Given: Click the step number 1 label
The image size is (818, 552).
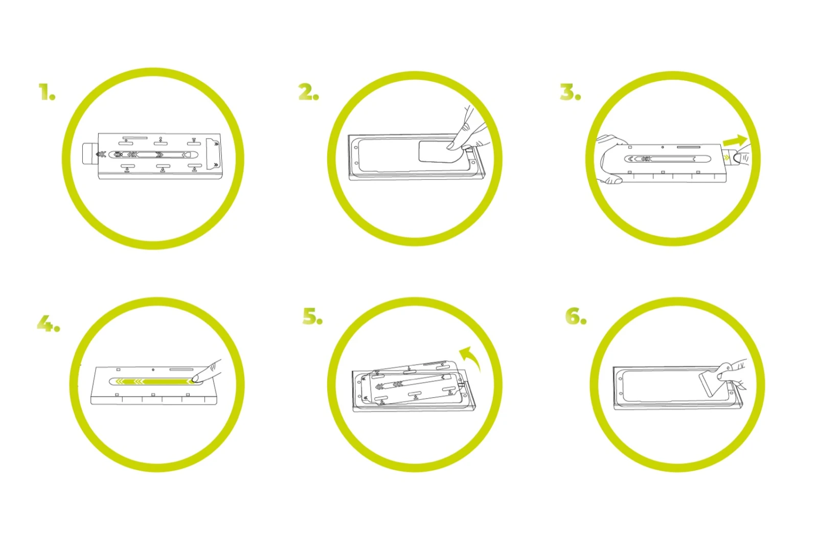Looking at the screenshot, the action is [47, 91].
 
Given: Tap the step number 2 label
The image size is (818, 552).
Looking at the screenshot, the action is [309, 91].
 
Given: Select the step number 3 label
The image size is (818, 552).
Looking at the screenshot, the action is [571, 91].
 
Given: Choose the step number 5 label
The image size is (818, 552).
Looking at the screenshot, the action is [312, 316].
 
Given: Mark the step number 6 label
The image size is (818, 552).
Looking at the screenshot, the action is [576, 316].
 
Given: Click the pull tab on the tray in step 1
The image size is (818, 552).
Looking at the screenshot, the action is [90, 154].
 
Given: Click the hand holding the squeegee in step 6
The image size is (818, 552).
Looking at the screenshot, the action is [732, 373].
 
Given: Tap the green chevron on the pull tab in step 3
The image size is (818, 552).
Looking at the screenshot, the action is [726, 157].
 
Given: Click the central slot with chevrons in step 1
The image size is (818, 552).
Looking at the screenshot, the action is [153, 155].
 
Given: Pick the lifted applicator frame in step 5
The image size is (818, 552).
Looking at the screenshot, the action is [413, 383].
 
